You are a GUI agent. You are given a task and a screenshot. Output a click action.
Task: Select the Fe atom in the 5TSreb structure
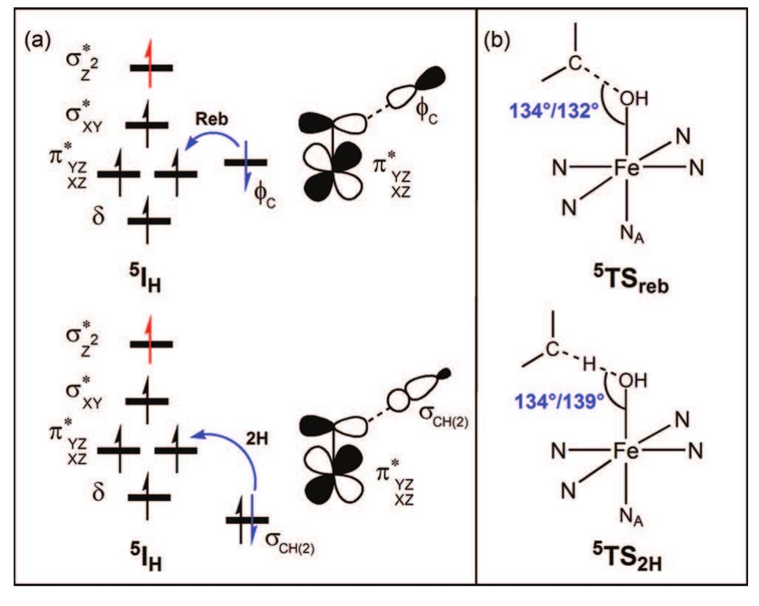626,169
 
